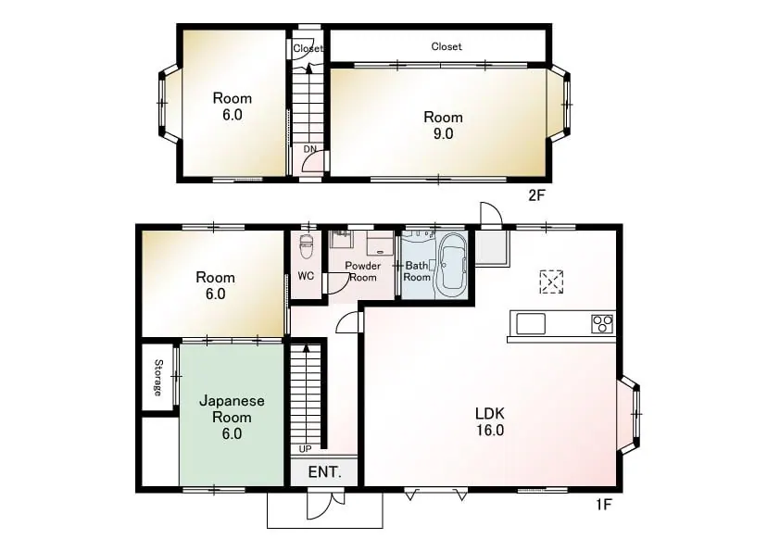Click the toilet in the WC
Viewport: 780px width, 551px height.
tap(306, 246)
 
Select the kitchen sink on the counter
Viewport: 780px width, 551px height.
tap(531, 324)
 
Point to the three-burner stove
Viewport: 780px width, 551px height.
tap(602, 324)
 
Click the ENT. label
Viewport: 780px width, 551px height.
tap(325, 472)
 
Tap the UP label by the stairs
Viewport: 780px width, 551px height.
tap(305, 449)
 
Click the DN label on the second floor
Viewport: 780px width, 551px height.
tap(310, 149)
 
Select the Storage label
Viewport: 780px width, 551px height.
tap(158, 378)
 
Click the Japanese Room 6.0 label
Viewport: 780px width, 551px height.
tap(232, 417)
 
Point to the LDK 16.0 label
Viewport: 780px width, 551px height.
tap(490, 421)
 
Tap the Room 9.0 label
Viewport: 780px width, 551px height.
tap(443, 125)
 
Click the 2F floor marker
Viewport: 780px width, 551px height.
tap(536, 195)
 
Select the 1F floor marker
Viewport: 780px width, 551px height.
tap(603, 505)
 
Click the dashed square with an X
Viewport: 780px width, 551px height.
tap(551, 282)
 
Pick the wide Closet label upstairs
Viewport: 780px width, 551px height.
tap(447, 46)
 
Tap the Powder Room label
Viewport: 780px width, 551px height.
tap(362, 271)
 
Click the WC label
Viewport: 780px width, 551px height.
tap(306, 276)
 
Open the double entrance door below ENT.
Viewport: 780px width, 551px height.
tap(326, 503)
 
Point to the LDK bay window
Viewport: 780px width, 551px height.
tap(629, 414)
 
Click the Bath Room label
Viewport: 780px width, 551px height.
tap(417, 271)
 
